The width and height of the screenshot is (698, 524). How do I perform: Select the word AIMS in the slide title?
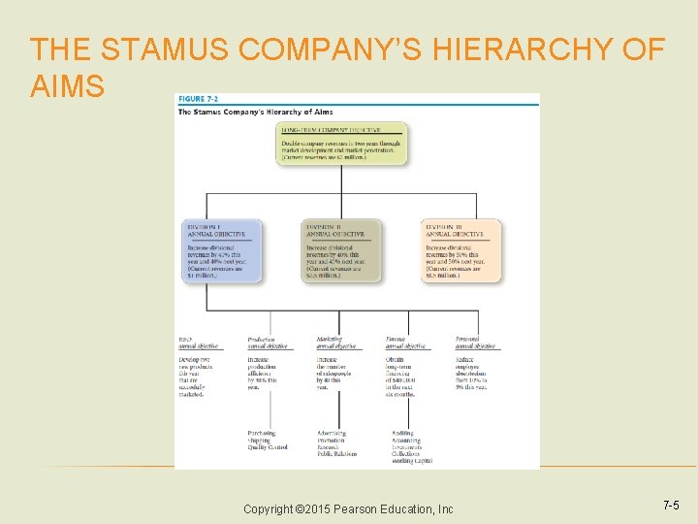(67, 86)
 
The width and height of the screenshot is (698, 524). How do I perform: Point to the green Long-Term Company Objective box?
(342, 144)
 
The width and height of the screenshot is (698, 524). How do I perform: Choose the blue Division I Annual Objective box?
(222, 250)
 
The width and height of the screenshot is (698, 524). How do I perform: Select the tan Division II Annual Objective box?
(342, 250)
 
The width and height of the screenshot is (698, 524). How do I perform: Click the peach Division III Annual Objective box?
(462, 250)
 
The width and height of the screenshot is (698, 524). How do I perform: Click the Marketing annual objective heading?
(335, 343)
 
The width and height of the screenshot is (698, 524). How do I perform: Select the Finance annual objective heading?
(405, 343)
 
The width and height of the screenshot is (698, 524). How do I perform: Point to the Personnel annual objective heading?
(475, 343)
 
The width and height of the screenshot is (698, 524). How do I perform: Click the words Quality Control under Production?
(268, 447)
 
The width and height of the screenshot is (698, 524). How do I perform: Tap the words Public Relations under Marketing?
(336, 453)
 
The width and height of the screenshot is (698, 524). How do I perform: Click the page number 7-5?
(671, 506)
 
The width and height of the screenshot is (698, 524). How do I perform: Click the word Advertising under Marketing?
(333, 434)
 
